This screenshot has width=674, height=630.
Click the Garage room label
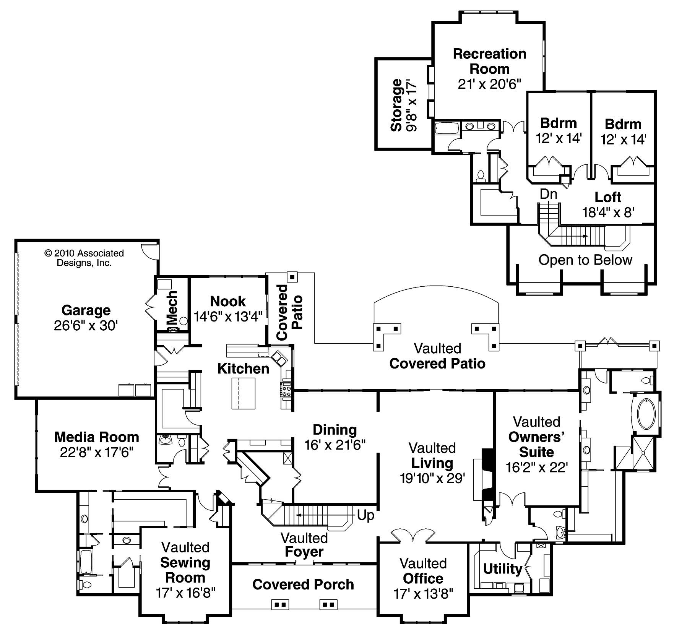(86, 310)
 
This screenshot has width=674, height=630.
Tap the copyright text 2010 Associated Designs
(84, 258)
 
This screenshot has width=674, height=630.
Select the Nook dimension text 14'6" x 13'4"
(228, 317)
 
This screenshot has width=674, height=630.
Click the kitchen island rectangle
(244, 393)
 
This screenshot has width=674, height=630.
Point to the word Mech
(173, 307)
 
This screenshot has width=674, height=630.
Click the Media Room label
(96, 437)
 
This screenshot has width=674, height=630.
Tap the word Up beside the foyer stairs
(365, 516)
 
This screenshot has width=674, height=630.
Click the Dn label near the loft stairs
(548, 194)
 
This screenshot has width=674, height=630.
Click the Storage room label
(397, 105)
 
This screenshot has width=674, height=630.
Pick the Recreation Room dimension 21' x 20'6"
(489, 84)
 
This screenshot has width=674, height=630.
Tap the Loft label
(608, 197)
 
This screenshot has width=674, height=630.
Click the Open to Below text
(585, 260)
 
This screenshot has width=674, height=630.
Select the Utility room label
(502, 569)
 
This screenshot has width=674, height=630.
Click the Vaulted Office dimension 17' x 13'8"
(423, 594)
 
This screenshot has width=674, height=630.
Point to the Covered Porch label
(303, 585)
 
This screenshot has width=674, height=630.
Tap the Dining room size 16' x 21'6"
(335, 445)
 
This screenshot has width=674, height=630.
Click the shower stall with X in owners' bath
(644, 453)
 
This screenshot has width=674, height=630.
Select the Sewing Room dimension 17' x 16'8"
(185, 593)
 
